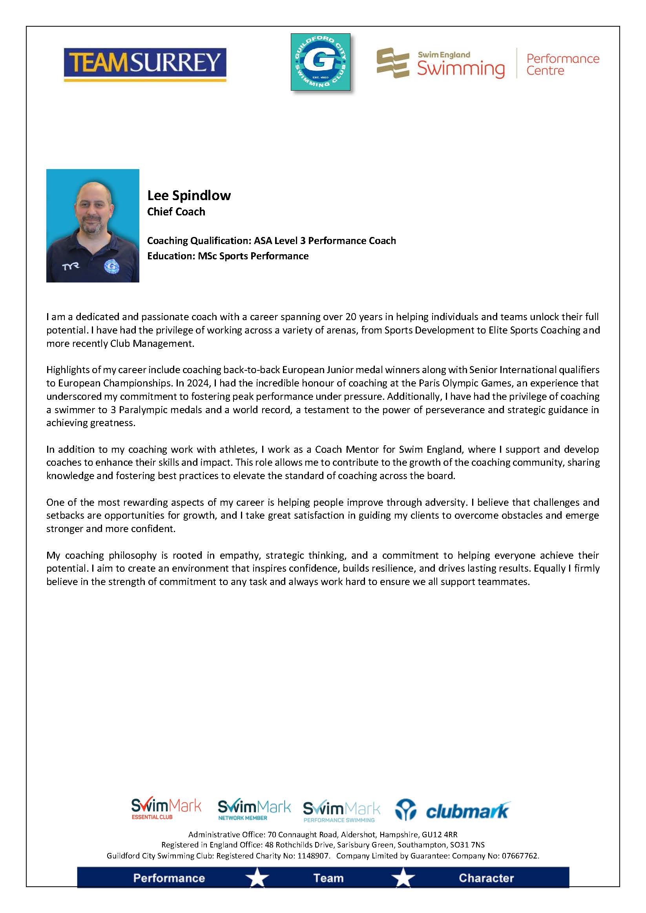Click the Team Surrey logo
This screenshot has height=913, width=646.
[x=145, y=64]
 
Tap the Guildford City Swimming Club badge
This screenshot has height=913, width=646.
[x=320, y=62]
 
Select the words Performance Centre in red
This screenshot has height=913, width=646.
[x=562, y=64]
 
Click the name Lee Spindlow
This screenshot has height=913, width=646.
[x=189, y=196]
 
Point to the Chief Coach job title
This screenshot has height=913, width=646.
[x=176, y=212]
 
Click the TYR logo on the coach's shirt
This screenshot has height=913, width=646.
[x=70, y=266]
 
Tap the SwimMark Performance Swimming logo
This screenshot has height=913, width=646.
[x=341, y=811]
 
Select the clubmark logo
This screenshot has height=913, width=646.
[x=453, y=811]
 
